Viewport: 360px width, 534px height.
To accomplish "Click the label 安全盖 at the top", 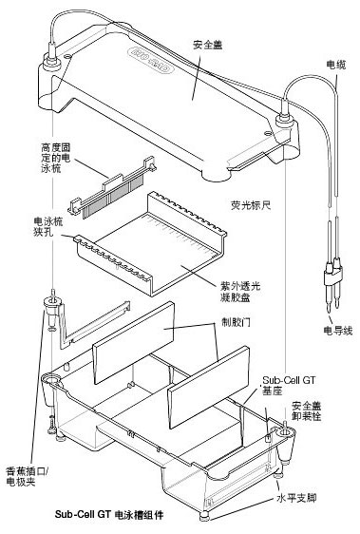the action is (207, 45).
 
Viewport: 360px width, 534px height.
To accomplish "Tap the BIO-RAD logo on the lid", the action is (150, 61).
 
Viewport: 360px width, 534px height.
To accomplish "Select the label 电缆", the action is (336, 65).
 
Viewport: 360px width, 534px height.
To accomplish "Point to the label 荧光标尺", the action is (251, 205).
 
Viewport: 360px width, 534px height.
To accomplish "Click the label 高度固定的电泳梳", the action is (56, 158).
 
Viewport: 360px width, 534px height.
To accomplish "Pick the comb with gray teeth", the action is (112, 187).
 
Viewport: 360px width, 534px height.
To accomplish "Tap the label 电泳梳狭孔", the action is (48, 227).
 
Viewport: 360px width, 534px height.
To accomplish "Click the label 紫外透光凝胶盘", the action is (240, 291).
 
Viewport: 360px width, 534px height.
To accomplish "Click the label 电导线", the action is (337, 330).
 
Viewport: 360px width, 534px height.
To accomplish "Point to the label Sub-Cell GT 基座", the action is (289, 385).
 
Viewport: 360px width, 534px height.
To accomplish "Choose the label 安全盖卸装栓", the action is (307, 410).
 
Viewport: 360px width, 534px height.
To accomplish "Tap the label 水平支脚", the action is (296, 498).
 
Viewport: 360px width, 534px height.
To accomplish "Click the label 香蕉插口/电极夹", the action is (28, 476).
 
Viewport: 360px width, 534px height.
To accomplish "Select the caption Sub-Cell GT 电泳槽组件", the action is (109, 514).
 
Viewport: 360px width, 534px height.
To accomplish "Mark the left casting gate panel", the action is (134, 343).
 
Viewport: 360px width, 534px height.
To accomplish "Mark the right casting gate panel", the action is (208, 388).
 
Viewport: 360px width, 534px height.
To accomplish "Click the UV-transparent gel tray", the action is (150, 242).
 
